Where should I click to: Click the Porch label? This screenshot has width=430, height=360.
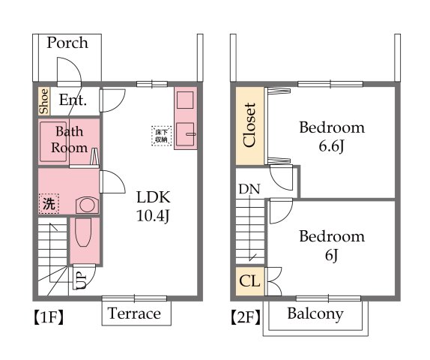(67, 43)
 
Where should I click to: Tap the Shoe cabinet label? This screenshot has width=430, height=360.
(44, 101)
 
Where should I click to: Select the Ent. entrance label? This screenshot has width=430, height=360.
(73, 100)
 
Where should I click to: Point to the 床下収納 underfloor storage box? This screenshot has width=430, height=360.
(161, 134)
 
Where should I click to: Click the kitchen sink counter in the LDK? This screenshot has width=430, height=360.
(184, 118)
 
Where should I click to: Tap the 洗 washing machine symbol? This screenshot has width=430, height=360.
(48, 203)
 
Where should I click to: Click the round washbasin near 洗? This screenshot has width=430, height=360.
(87, 204)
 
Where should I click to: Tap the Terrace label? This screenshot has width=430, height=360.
(135, 313)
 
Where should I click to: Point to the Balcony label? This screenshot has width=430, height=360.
(315, 313)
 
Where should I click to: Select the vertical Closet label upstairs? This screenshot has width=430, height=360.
(250, 125)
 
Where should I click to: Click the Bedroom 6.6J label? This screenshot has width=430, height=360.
(332, 136)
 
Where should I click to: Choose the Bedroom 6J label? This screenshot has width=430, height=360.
(332, 246)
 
